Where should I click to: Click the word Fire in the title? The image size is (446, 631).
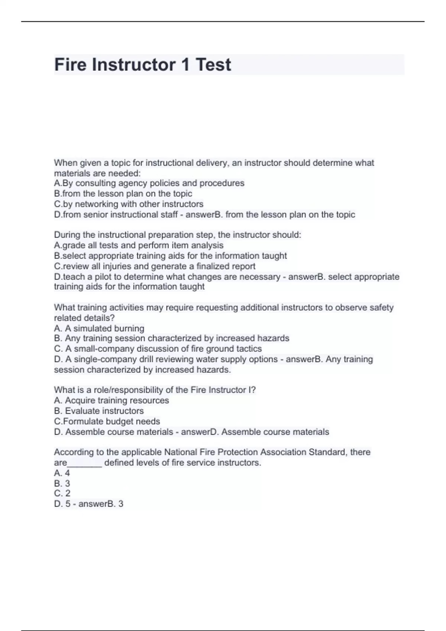click(70, 65)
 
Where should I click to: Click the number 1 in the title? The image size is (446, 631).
click(185, 65)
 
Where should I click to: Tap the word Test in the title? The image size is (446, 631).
click(213, 65)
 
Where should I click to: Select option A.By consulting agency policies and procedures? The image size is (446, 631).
click(149, 183)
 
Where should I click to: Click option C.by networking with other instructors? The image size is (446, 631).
click(129, 204)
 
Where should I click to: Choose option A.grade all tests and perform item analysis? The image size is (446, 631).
click(139, 245)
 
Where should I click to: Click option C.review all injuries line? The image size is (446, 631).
click(155, 266)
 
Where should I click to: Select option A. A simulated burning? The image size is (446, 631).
click(99, 328)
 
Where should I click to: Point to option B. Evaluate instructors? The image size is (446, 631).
click(98, 411)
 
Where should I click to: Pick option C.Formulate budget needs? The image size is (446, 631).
click(107, 421)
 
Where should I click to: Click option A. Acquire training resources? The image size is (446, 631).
click(111, 400)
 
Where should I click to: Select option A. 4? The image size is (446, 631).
click(62, 473)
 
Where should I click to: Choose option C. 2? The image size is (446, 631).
click(62, 493)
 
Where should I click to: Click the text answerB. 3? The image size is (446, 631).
click(101, 504)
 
